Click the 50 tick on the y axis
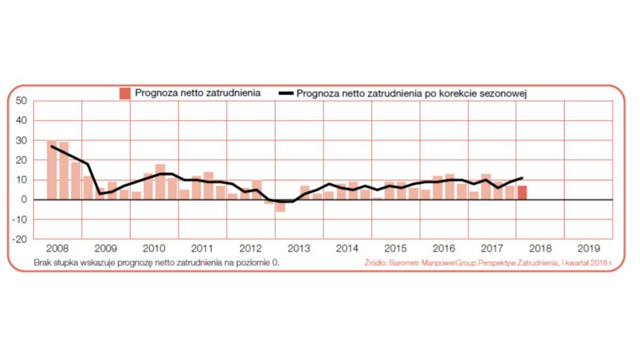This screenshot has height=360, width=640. point(21,100)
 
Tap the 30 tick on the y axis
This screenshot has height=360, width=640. point(21,140)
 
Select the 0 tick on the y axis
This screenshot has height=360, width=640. point(24,200)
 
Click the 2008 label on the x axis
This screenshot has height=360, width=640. point(57,249)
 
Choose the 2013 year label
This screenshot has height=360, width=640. point(299,249)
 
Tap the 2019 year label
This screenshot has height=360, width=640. point(588,249)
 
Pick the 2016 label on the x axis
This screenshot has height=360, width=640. point(444,249)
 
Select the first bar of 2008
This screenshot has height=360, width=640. point(52,170)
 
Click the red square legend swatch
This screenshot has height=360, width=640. point(125,93)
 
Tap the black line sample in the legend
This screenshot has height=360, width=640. point(286,94)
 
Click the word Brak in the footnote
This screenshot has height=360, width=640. point(42,263)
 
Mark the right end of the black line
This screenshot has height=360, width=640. point(522,178)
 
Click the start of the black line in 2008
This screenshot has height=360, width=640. point(52,146)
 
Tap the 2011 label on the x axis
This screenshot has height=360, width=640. point(202,249)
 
